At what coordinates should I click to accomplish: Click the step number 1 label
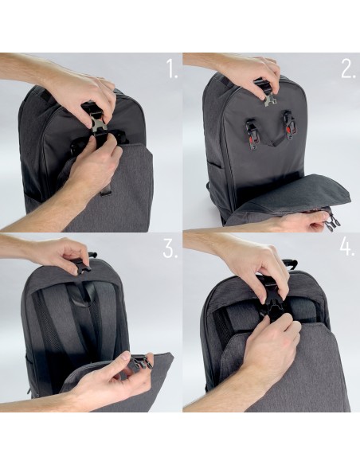[x=172, y=68]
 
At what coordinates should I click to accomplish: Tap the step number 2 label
[x=348, y=68]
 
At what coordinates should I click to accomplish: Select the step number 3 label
[x=170, y=248]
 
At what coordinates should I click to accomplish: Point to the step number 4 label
[x=347, y=247]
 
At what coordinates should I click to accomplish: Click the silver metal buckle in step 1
[x=98, y=125]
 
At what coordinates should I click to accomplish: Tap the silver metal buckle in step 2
[x=269, y=99]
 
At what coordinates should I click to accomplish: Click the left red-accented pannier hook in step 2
[x=251, y=134]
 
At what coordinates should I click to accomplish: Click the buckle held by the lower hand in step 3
[x=140, y=362]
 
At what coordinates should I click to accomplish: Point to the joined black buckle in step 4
[x=271, y=307]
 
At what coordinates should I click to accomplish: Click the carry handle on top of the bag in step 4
[x=290, y=264]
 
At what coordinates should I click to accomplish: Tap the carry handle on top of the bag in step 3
[x=92, y=255]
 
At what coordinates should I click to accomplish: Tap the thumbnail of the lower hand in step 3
[x=127, y=355]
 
